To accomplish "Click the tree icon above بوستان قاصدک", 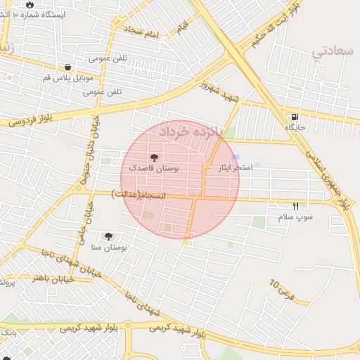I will click(155, 157).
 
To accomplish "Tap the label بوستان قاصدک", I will click(154, 169).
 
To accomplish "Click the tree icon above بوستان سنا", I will click(108, 237).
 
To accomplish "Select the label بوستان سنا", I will click(108, 247).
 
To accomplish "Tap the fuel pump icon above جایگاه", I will click(293, 117).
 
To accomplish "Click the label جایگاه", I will click(293, 127).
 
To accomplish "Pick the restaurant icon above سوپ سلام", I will click(295, 207).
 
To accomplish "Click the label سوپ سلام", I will click(295, 217).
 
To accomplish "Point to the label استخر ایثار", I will click(235, 168).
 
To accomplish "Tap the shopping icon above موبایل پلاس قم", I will click(67, 67).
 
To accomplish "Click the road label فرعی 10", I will click(279, 288).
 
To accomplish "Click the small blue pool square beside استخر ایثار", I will click(236, 157).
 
